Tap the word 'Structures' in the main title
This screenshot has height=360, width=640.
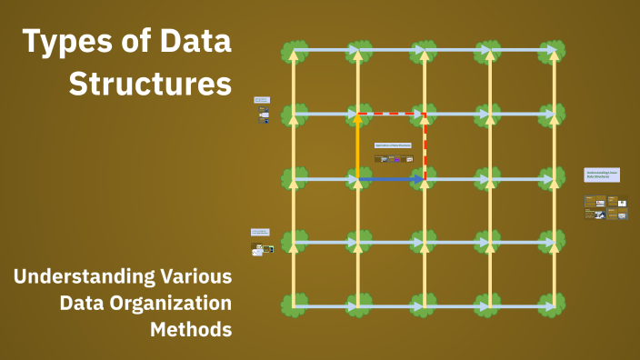click(150, 85)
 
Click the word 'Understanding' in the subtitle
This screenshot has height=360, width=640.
click(75, 275)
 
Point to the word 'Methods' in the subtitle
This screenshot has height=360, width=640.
click(190, 328)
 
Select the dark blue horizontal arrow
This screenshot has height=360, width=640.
click(392, 180)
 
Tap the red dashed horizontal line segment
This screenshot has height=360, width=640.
click(392, 115)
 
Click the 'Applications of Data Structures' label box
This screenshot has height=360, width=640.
click(393, 145)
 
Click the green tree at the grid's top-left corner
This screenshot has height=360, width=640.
click(293, 51)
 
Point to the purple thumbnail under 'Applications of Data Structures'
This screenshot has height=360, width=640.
click(396, 159)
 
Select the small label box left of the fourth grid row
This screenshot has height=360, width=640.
click(260, 233)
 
